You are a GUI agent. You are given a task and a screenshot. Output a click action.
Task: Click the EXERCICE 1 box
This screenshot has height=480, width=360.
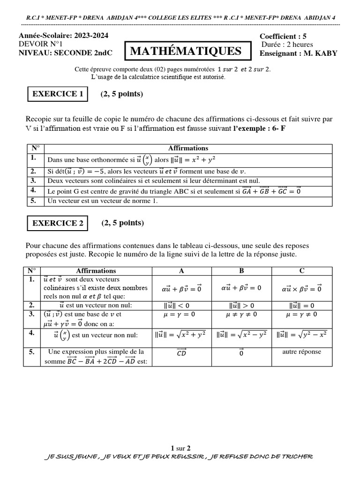pos(58,94)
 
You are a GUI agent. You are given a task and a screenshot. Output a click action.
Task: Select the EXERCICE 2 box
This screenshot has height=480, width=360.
pos(58,223)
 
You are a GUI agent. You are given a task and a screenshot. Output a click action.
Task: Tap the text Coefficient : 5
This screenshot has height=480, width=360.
pos(283,37)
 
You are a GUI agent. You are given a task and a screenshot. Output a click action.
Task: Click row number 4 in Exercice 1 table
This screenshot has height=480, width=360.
pos(33,190)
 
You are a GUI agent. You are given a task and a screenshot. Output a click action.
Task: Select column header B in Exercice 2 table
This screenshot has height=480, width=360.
pos(241,270)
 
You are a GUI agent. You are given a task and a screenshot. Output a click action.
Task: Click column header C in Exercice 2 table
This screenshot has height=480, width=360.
pos(302,270)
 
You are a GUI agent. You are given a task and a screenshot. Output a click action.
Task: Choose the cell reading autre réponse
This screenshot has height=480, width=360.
pos(302,352)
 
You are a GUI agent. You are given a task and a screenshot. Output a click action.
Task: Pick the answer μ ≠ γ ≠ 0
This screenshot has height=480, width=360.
pos(241,315)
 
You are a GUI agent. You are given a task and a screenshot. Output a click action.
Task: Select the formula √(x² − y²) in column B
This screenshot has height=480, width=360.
pos(241,334)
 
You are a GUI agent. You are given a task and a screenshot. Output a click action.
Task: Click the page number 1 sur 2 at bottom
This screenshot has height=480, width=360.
pos(180,448)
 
